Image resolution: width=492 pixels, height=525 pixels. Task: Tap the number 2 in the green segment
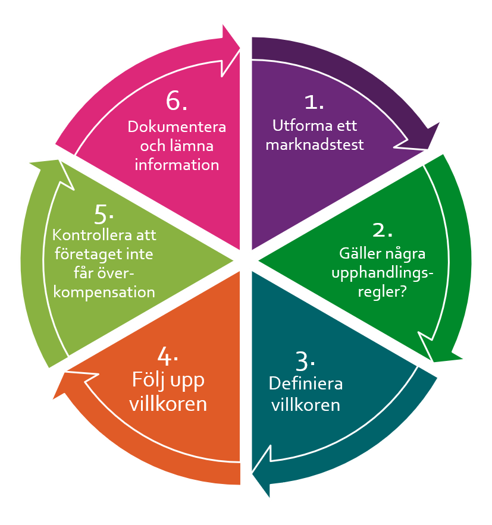click(381, 230)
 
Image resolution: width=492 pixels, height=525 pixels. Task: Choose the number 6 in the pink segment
click(175, 102)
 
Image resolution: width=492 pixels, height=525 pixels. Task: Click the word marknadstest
click(315, 144)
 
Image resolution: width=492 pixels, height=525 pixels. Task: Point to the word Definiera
click(306, 383)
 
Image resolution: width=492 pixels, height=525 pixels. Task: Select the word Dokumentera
click(177, 127)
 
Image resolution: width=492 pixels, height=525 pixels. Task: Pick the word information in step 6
click(177, 164)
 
